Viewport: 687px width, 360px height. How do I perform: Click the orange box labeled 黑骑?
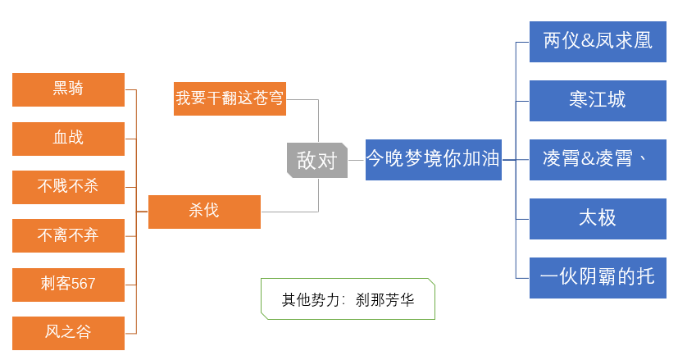[x=68, y=90]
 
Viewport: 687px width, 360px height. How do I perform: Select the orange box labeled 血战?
[x=68, y=139]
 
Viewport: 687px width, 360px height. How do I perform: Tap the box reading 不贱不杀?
[x=68, y=187]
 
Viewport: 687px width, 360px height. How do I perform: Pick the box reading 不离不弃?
[x=68, y=236]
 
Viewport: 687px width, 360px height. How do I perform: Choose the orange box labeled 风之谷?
[x=68, y=333]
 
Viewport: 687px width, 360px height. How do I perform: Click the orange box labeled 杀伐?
[x=204, y=212]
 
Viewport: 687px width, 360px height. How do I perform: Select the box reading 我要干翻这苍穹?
[x=230, y=98]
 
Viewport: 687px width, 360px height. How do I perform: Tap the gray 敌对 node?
[x=317, y=160]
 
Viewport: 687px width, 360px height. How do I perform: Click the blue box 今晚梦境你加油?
[x=434, y=160]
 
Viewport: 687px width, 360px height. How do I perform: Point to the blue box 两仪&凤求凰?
[x=598, y=42]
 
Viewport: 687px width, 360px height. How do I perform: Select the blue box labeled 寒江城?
[x=598, y=101]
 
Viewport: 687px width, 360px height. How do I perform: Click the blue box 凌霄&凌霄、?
[x=598, y=160]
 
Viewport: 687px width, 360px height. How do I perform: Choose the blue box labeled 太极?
[x=598, y=219]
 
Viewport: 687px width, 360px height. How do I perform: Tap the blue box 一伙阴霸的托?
[x=598, y=278]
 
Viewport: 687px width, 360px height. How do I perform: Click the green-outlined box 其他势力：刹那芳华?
[x=348, y=299]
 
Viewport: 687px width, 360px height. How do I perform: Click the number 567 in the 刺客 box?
[x=83, y=284]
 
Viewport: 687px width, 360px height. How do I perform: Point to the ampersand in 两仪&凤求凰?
[x=588, y=41]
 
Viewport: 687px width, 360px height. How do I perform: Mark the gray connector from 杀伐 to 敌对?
[x=318, y=212]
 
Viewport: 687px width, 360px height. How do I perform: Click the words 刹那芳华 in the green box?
[x=385, y=300]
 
